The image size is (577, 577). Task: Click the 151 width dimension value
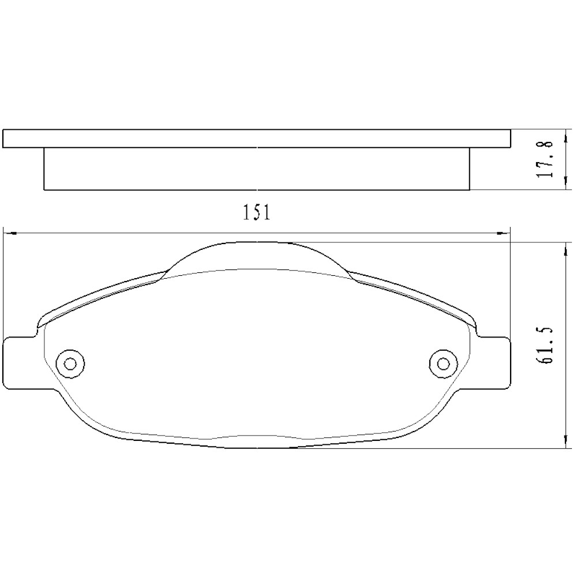tap(257, 213)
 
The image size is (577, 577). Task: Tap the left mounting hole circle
tap(70, 363)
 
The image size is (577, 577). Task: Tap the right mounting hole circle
tap(443, 363)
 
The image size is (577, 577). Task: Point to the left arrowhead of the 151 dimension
tap(8, 234)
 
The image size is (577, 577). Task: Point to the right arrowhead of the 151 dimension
tap(505, 234)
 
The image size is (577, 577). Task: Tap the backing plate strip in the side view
tap(257, 138)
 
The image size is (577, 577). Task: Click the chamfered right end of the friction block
tap(469, 168)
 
